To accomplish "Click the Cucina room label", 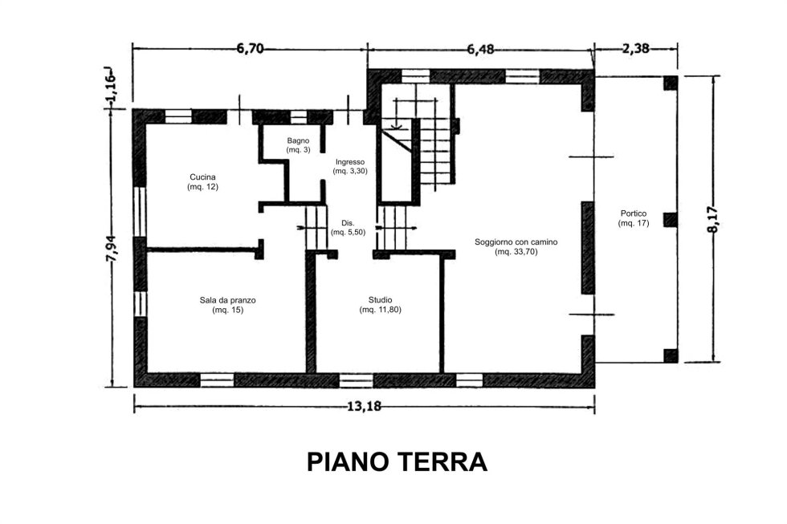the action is click(x=202, y=177).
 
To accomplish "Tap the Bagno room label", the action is click(x=298, y=141).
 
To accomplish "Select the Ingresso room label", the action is click(x=350, y=162).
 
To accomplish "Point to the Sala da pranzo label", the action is click(x=228, y=300).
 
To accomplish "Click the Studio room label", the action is click(x=381, y=300).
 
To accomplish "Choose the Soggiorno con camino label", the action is click(x=516, y=242).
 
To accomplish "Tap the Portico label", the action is click(x=634, y=213).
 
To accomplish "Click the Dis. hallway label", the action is click(x=348, y=222).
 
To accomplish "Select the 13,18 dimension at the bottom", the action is click(x=365, y=407).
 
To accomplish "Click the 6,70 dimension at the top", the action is click(x=250, y=49).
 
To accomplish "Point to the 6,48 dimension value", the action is click(x=480, y=49).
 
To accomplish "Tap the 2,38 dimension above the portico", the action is click(x=636, y=49).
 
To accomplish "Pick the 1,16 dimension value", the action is click(x=111, y=87).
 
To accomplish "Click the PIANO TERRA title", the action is click(x=397, y=462).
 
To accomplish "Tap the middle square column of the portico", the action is click(x=671, y=220).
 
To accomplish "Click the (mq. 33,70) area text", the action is click(x=516, y=252).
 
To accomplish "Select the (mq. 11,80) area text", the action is click(x=381, y=310).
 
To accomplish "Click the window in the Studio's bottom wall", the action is click(x=356, y=380).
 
